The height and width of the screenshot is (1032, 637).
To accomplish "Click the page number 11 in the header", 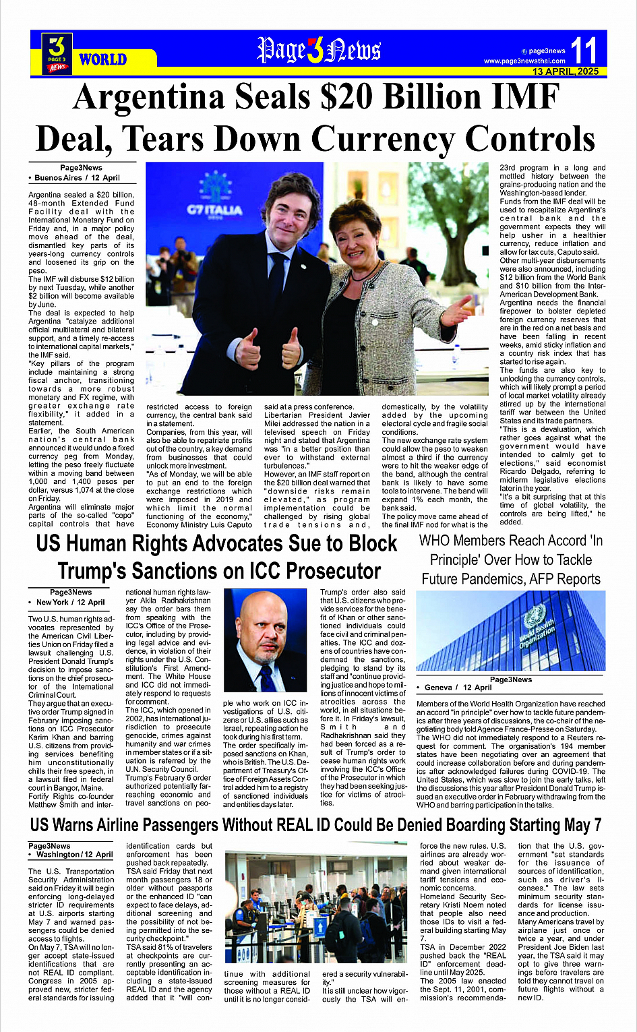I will [583, 50].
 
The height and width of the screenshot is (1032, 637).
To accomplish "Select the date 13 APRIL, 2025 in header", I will [565, 71].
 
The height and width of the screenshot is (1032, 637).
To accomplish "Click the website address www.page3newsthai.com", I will [524, 61].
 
